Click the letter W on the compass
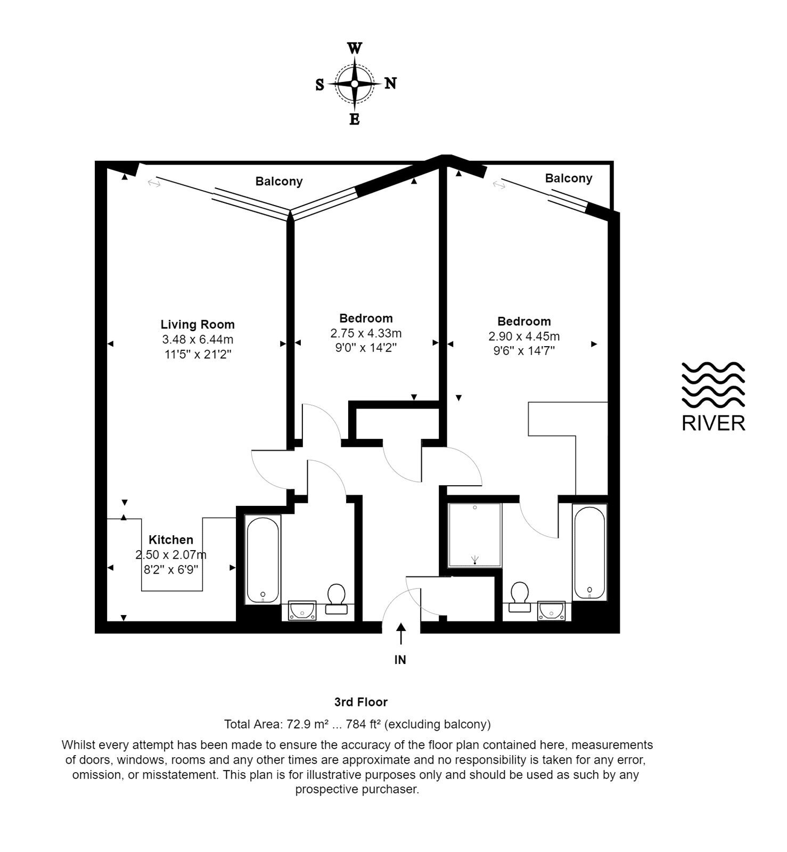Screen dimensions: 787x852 click(355, 49)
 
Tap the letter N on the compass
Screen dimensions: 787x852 click(390, 84)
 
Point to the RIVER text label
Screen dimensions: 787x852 click(714, 423)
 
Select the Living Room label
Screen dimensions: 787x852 click(198, 324)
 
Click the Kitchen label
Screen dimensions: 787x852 click(171, 540)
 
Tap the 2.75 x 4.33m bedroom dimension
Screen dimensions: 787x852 click(366, 333)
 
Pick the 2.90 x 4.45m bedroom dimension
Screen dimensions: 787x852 click(524, 337)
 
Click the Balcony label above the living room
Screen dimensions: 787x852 click(279, 182)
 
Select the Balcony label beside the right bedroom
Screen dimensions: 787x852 click(569, 178)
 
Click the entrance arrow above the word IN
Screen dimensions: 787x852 click(400, 634)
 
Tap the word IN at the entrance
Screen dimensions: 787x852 click(400, 660)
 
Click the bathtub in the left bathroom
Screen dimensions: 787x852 click(263, 559)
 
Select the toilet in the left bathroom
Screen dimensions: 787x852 click(336, 599)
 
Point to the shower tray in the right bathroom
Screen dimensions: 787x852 click(475, 535)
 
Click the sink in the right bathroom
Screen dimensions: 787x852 click(551, 611)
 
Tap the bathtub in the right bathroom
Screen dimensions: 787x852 click(589, 553)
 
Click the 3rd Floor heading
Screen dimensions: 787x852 click(361, 702)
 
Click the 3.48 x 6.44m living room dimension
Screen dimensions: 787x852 click(198, 339)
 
